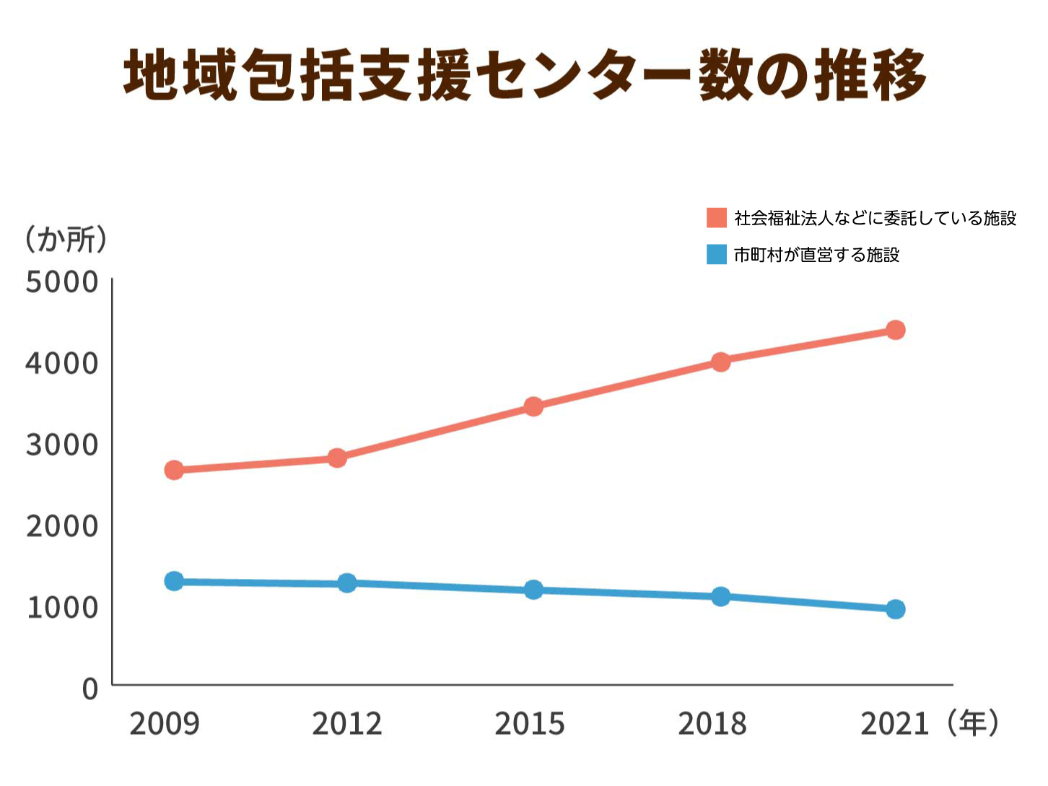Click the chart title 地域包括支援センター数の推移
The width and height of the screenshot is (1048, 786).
525,75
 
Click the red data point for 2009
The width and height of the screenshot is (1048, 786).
174,470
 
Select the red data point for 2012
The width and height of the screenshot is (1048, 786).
337,458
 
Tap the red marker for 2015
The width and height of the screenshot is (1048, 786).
533,406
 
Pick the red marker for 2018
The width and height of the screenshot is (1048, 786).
720,362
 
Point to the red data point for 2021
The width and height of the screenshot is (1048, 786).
895,330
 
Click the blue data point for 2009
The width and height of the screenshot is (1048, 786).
174,581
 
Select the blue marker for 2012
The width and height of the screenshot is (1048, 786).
347,583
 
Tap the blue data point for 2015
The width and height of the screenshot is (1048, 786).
533,590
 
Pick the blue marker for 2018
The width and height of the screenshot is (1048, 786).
720,596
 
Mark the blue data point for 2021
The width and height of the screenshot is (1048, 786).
895,609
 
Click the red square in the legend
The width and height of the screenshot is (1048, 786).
716,217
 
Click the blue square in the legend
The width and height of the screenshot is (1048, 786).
716,254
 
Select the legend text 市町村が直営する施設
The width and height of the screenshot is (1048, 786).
816,255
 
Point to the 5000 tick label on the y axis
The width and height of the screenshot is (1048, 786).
62,282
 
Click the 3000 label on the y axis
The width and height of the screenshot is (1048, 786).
62,445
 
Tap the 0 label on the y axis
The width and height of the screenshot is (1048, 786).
90,689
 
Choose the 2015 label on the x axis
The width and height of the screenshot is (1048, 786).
529,723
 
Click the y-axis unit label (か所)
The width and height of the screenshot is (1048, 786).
66,239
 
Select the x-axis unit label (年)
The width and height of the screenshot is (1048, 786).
973,722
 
